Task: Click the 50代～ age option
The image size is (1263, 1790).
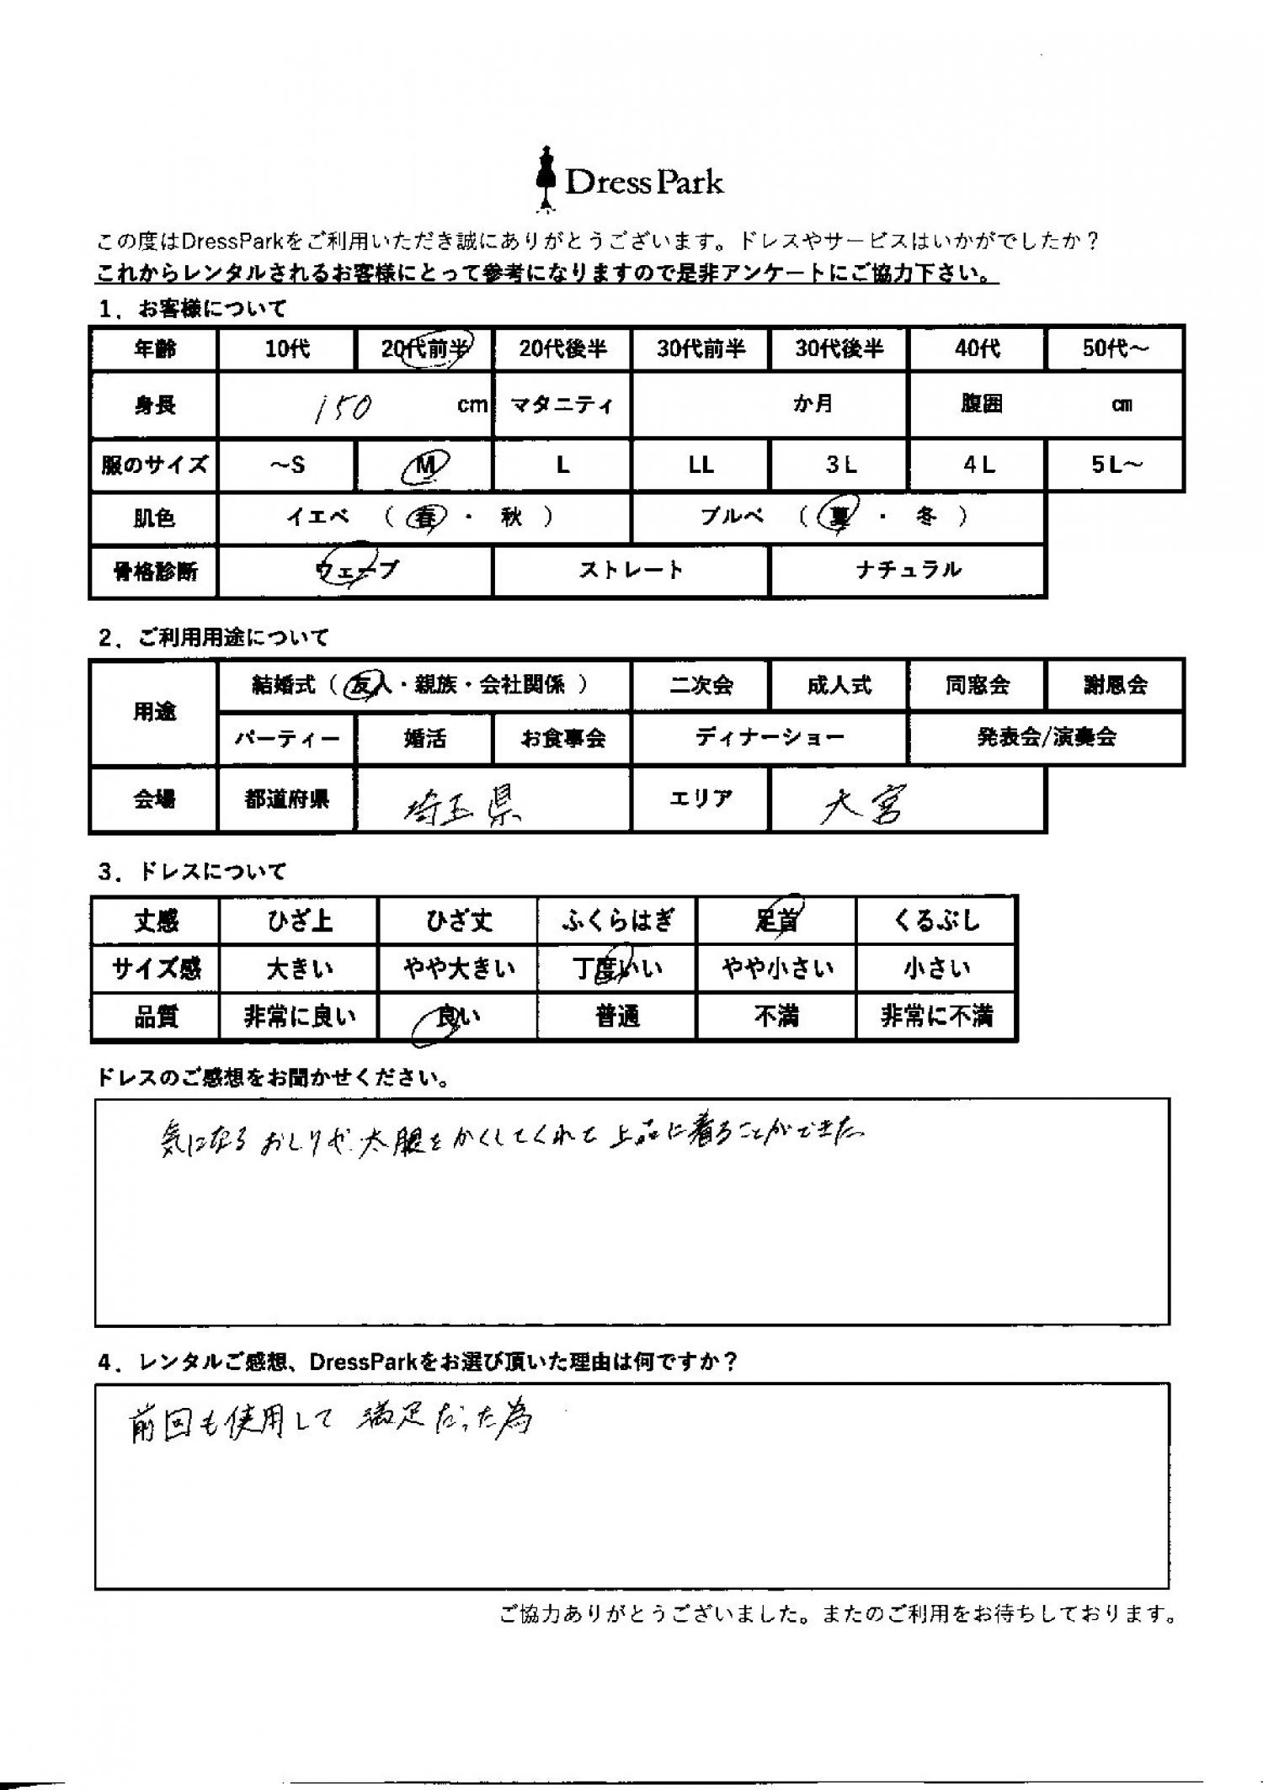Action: [1115, 348]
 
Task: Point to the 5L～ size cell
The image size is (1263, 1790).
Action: [1115, 465]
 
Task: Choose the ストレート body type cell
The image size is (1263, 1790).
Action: [631, 571]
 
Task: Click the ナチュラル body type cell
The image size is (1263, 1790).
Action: [908, 571]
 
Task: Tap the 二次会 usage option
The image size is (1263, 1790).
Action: [701, 686]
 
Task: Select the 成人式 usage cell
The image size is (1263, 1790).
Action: [839, 686]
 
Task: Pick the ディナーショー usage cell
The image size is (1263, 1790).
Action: [770, 738]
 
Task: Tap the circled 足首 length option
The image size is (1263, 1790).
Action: [777, 920]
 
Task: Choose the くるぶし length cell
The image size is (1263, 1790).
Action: [935, 920]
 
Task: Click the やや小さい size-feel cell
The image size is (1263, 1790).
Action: [777, 969]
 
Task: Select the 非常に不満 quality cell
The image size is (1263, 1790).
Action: [935, 1017]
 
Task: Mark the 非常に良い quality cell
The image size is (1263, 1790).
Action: [300, 1017]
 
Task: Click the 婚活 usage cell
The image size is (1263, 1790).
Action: [424, 739]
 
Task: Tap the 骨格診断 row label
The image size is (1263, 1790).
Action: [155, 571]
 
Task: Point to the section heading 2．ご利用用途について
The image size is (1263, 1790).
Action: [214, 638]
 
